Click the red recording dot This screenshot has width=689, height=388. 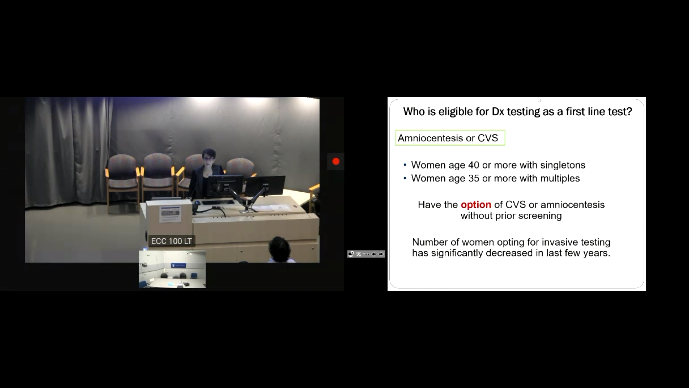pyautogui.click(x=336, y=161)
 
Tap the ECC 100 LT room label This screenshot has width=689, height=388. pyautogui.click(x=172, y=241)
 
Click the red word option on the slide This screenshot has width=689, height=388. pyautogui.click(x=476, y=205)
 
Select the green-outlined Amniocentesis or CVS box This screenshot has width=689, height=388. pyautogui.click(x=450, y=138)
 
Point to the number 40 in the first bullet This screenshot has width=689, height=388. pyautogui.click(x=474, y=165)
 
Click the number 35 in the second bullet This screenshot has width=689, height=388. pyautogui.click(x=474, y=178)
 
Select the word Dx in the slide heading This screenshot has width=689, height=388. pyautogui.click(x=498, y=112)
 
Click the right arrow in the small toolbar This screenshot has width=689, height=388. pyautogui.click(x=381, y=254)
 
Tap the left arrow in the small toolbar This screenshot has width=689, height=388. pyautogui.click(x=374, y=254)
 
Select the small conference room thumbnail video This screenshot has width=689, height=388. pyautogui.click(x=172, y=269)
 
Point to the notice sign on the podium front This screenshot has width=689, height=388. pyautogui.click(x=170, y=214)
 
